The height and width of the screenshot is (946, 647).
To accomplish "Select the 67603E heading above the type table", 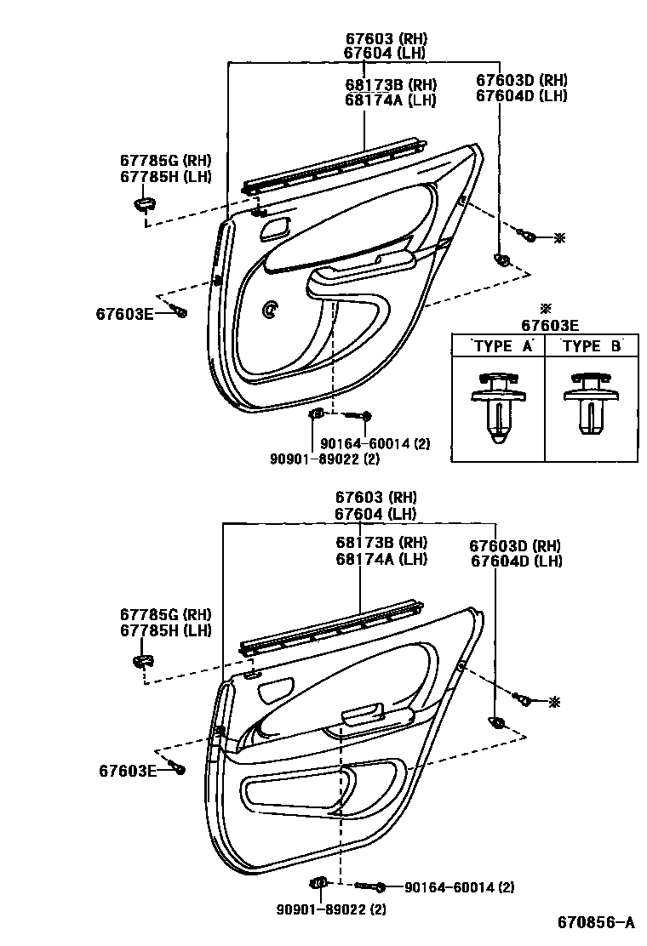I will coord(549,324).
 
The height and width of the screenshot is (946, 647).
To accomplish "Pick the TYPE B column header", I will coord(593,345).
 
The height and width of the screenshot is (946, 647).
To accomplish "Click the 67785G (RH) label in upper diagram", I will coord(165,162).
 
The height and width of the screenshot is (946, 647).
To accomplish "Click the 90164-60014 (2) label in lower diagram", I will coord(459,887).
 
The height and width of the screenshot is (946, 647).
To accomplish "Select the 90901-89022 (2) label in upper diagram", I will coord(324,459).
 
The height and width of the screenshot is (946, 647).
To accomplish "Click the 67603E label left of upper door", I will coord(124,314).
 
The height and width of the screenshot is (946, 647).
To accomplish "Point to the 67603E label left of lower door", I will coord(127,771).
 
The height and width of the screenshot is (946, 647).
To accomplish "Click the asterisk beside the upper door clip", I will coord(558,238).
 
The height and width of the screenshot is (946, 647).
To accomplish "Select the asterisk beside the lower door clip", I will coord(555,702).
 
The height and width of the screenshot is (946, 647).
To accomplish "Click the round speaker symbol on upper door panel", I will coord(271,311).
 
